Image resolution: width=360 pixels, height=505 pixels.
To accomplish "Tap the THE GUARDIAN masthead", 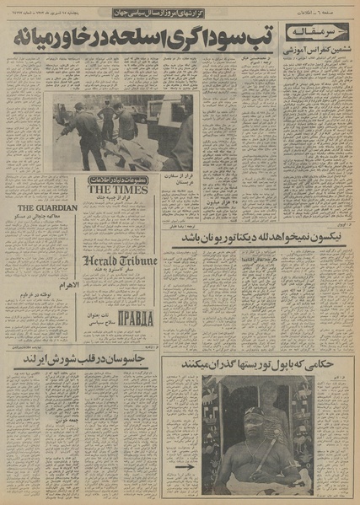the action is pos(47,208).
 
